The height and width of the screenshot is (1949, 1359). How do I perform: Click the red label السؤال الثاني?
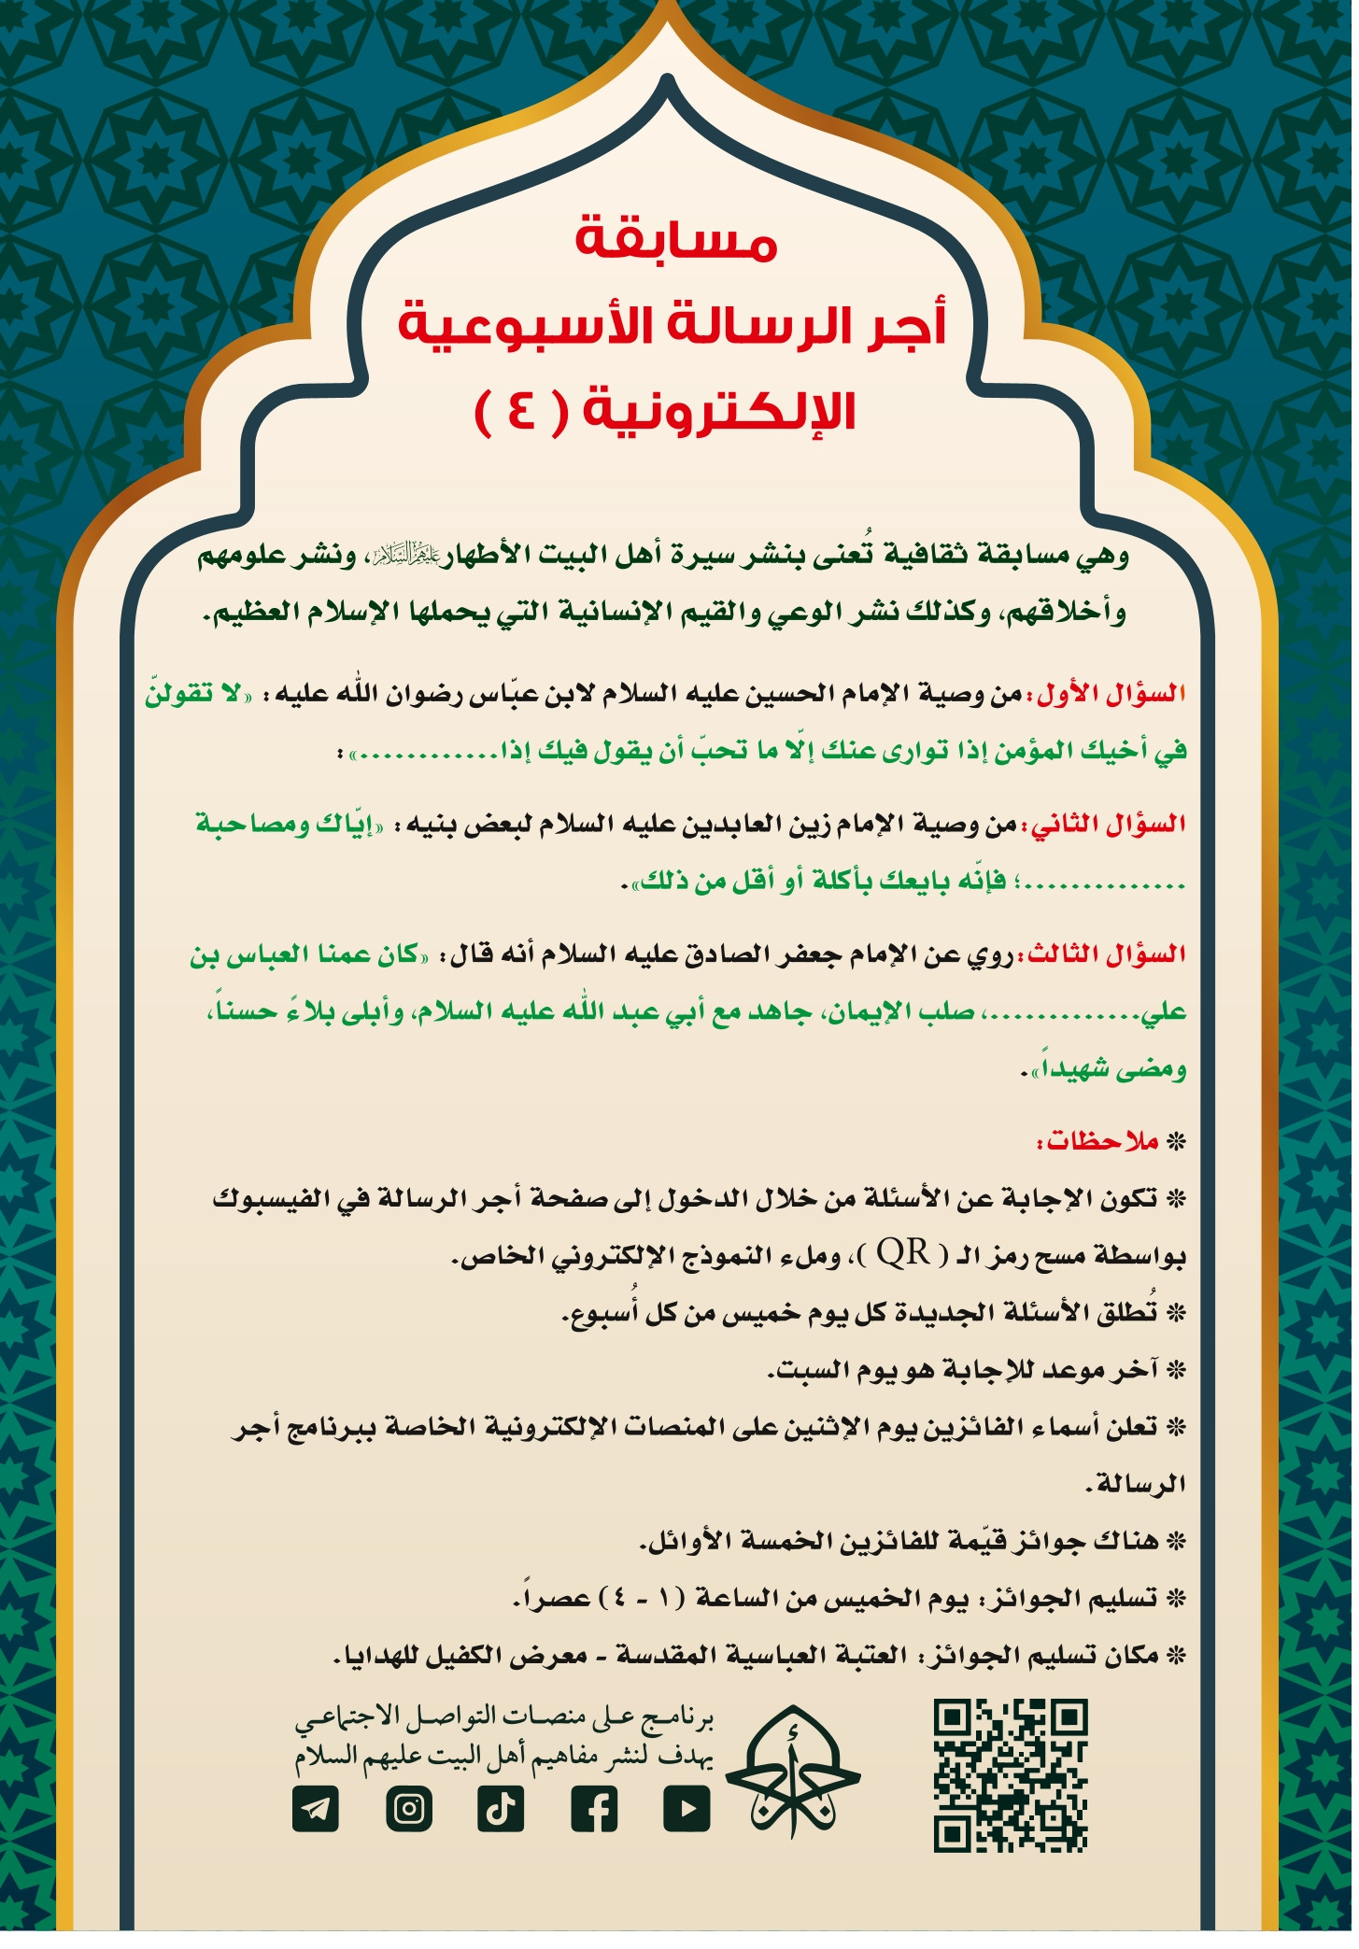1109,826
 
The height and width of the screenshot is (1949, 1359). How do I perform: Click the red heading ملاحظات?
1098,1142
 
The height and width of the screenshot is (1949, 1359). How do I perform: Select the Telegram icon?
316,1809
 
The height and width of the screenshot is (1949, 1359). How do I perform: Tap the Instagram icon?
408,1809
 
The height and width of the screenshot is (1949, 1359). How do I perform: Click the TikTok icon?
501,1809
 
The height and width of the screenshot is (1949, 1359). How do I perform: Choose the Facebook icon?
594,1809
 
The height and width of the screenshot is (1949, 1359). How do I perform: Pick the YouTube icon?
687,1809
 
